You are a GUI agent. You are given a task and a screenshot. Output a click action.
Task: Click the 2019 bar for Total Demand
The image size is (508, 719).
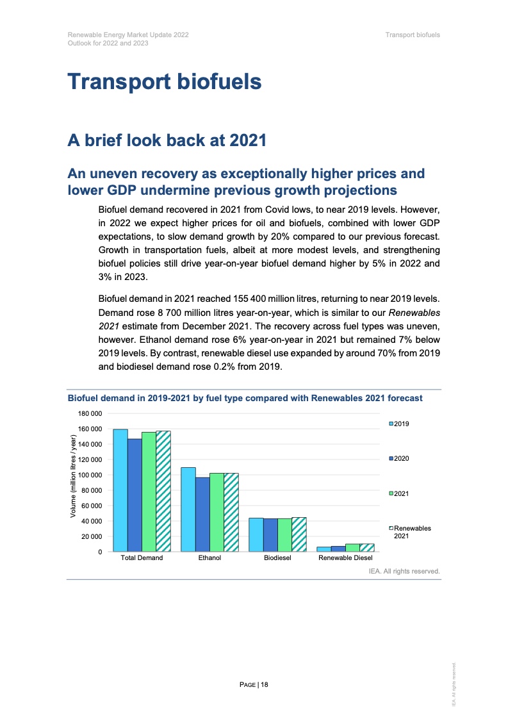click(120, 490)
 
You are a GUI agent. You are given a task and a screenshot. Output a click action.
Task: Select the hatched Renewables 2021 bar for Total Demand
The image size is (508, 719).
click(163, 491)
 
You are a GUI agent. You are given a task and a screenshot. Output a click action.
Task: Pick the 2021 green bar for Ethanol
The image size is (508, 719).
click(217, 512)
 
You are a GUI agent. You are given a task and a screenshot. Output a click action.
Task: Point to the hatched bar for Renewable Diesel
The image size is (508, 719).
click(367, 548)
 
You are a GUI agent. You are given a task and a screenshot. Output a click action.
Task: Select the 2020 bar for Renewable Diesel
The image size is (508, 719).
click(338, 549)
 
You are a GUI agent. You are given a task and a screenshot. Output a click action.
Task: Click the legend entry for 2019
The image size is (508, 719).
click(399, 424)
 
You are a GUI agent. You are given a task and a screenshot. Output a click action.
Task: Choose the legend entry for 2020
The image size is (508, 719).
click(399, 459)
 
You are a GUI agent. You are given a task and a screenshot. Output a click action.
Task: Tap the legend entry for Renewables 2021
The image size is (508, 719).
click(410, 531)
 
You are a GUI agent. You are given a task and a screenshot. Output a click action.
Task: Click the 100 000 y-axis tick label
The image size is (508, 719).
click(90, 475)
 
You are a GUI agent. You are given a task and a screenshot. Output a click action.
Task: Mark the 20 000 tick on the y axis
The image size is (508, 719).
click(92, 536)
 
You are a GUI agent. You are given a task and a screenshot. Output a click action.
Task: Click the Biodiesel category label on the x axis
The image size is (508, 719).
click(277, 558)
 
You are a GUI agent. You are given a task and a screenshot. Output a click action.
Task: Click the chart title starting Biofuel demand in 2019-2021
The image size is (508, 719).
click(245, 398)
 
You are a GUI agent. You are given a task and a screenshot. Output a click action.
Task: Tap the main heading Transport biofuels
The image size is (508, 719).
click(165, 82)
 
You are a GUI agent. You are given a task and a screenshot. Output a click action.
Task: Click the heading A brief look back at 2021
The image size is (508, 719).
click(167, 140)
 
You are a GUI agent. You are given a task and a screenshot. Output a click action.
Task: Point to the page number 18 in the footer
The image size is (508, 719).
click(254, 685)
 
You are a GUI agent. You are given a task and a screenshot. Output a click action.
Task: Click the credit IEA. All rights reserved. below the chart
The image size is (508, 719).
click(404, 570)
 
